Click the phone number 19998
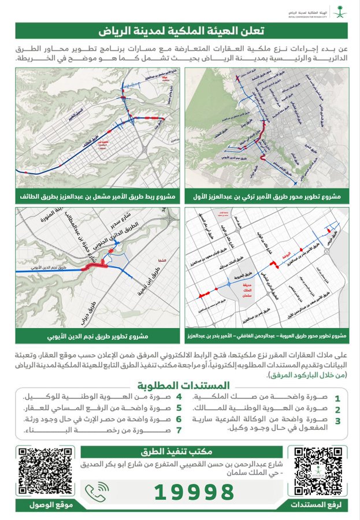194,492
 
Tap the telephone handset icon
97,492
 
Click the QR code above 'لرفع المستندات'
318,470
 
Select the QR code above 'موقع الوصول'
42,470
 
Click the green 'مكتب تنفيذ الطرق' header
180,452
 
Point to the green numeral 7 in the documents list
179,430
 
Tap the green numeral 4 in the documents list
179,398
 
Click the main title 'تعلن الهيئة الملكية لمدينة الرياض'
180,30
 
